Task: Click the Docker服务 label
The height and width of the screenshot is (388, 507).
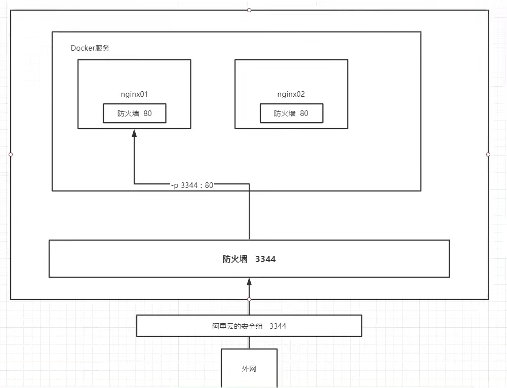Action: coord(90,49)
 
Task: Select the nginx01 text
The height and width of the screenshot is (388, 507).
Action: coord(134,94)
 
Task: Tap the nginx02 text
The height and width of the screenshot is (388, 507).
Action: coord(291,94)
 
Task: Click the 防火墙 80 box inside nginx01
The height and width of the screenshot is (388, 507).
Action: coord(134,113)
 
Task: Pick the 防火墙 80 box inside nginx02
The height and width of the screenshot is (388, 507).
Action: coord(291,113)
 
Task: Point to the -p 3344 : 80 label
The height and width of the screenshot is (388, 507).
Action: coord(192,185)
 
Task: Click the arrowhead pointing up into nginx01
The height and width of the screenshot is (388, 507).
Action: coord(134,133)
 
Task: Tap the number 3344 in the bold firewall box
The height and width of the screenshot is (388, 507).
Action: coord(265,259)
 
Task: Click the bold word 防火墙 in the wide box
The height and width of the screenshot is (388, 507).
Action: coord(235,259)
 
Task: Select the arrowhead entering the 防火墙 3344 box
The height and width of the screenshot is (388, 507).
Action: coord(249,282)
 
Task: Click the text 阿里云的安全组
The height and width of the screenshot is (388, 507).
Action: coord(238,326)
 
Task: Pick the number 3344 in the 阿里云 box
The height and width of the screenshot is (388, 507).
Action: coord(278,326)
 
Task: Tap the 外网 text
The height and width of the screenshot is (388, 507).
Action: coord(249,369)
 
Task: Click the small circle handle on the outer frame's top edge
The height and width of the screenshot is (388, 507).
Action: coord(249,10)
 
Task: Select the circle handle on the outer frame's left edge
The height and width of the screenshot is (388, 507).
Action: coord(11,154)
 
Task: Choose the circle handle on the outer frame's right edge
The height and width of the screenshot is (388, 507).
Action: coord(488,154)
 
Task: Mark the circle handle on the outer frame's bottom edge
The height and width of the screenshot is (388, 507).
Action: coord(249,299)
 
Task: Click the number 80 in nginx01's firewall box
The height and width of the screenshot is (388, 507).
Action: coord(147,113)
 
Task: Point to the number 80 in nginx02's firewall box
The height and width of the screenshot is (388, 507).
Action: coord(304,113)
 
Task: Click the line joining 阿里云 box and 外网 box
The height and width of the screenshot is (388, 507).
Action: coord(249,342)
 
